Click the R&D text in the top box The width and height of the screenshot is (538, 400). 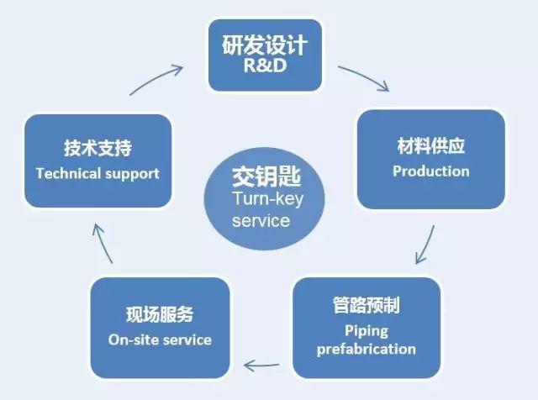(265, 65)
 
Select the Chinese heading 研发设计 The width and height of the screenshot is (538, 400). (265, 45)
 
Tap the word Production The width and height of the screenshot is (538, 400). (431, 171)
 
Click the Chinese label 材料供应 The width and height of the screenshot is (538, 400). (431, 146)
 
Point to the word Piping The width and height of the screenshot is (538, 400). (367, 331)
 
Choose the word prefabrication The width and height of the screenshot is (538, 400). (367, 350)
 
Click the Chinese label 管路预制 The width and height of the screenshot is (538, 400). (367, 305)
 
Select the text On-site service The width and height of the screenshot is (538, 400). (160, 340)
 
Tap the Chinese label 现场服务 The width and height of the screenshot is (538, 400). (160, 314)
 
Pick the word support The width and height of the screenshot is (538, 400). (133, 174)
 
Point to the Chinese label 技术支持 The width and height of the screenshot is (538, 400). (98, 148)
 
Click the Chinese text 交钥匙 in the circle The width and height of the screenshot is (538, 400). (266, 176)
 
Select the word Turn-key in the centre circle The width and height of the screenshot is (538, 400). (268, 199)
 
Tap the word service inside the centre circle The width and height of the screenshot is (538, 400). (261, 221)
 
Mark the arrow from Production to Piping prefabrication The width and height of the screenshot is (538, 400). (425, 245)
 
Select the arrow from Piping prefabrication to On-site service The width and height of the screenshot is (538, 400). (261, 366)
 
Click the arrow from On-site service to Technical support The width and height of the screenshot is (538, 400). (103, 243)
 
